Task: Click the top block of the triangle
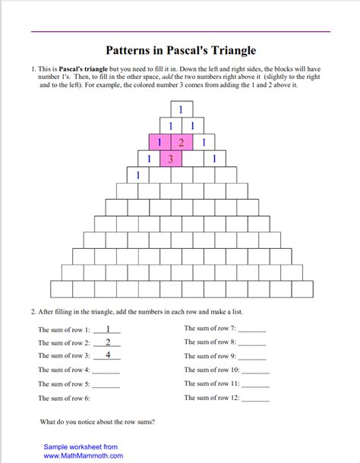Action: click(181, 109)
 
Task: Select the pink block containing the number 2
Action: click(181, 142)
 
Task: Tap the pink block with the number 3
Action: click(171, 159)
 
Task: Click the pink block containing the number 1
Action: click(159, 142)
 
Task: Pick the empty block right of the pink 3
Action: click(192, 159)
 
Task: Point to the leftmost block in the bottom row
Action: click(62, 289)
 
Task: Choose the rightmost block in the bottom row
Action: click(302, 289)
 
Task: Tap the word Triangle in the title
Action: click(235, 51)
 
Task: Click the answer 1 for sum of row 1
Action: click(109, 329)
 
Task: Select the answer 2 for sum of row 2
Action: click(109, 342)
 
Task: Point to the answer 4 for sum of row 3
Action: click(109, 354)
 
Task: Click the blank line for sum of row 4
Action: click(106, 371)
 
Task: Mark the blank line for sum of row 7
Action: click(253, 330)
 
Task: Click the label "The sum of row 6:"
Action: click(64, 398)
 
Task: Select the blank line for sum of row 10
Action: click(256, 371)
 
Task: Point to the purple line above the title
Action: click(180, 32)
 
